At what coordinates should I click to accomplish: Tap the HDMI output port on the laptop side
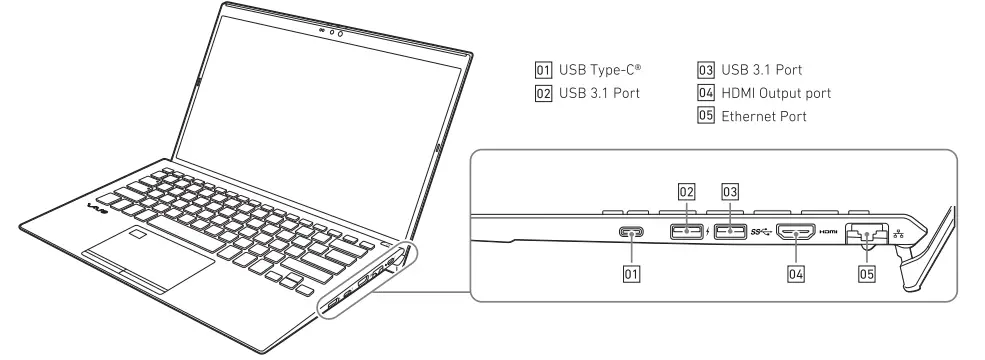[799, 233]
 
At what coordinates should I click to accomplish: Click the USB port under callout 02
[686, 232]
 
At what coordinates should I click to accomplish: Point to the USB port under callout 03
[730, 232]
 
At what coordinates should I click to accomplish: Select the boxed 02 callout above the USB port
[686, 190]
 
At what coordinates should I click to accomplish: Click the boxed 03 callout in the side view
[730, 190]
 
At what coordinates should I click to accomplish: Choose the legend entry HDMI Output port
[774, 93]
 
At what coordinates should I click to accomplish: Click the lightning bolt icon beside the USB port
[708, 233]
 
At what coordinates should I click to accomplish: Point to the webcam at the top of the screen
[332, 32]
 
